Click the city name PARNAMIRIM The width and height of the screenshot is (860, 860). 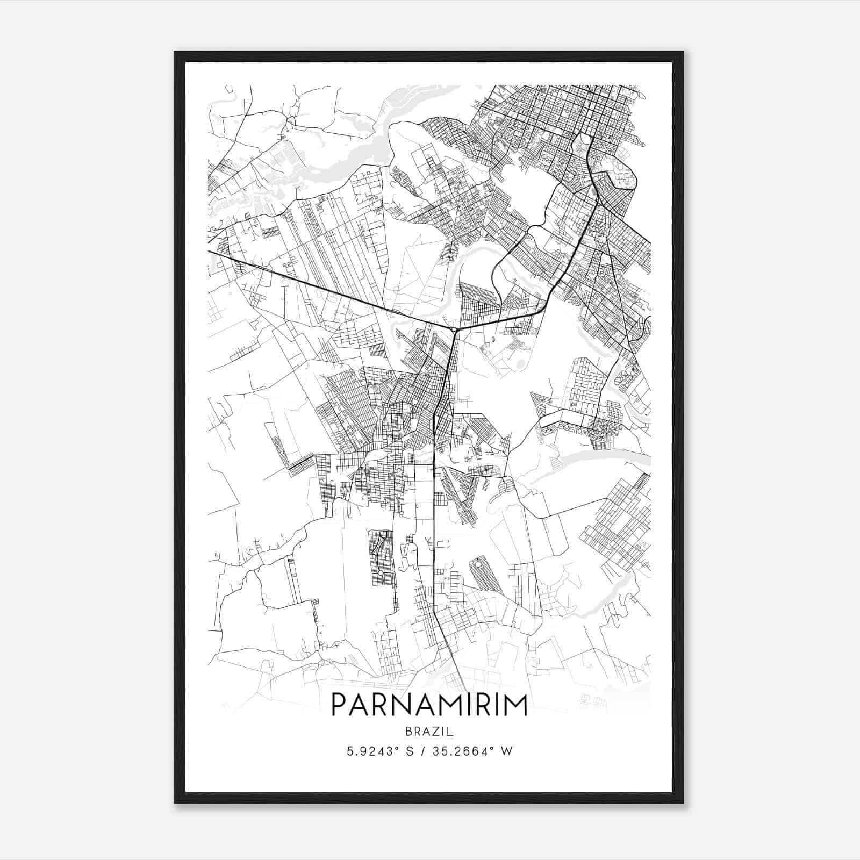coord(429,705)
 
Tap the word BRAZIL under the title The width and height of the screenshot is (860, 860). coord(430,732)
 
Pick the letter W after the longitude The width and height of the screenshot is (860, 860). coord(507,751)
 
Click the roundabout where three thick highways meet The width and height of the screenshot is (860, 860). coord(455,329)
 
